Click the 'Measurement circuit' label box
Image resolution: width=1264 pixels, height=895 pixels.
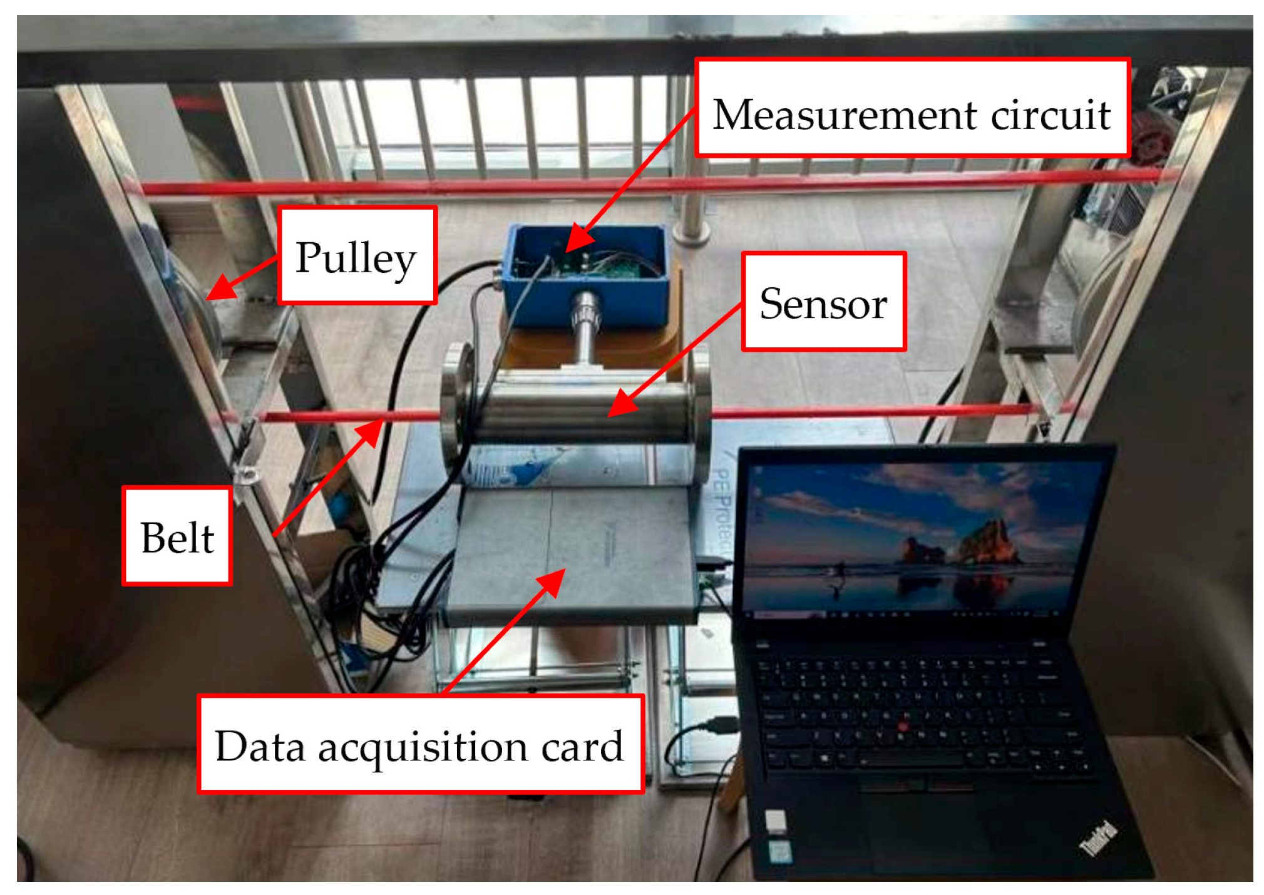[912, 108]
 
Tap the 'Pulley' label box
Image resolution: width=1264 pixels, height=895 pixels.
[357, 256]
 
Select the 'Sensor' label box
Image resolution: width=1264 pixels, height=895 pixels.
[823, 302]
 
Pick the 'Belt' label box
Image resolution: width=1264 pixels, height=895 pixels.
[177, 536]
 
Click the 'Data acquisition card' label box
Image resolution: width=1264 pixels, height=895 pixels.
[420, 744]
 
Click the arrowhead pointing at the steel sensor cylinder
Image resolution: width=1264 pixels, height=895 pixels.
[622, 404]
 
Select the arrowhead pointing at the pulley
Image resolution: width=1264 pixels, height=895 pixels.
[218, 289]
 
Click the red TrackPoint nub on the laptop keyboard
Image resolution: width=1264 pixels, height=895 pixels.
[902, 726]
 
